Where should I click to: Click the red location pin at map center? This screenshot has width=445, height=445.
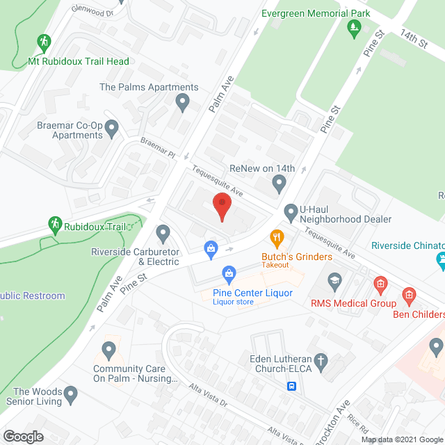point(221,205)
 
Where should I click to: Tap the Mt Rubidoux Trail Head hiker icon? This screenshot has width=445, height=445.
point(45,42)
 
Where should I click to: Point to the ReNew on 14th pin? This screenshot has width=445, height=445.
point(280,184)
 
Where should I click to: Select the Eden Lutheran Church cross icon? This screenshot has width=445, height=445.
point(320,360)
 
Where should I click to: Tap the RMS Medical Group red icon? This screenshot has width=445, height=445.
point(380,284)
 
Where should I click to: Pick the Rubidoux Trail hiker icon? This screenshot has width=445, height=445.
point(54,224)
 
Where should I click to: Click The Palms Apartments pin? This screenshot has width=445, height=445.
point(182,104)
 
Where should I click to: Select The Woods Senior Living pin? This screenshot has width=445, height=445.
point(71,396)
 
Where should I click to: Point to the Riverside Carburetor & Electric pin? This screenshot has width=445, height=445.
point(163,232)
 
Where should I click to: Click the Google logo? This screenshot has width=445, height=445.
point(23,437)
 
